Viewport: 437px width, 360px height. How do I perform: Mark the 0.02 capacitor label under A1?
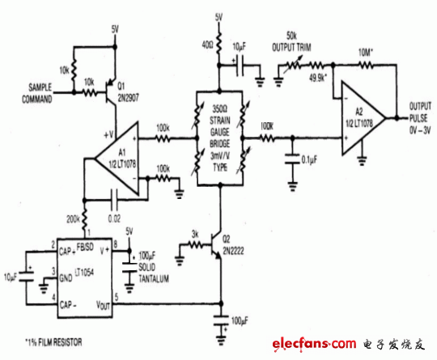coord(114,208)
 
